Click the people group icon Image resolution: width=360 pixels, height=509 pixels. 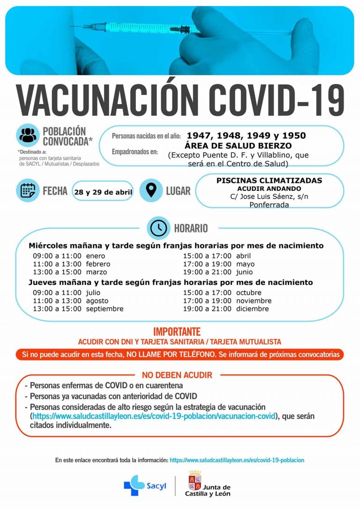click(29, 135)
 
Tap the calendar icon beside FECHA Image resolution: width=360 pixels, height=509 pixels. click(28, 190)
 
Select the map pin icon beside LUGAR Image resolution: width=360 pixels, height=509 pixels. click(151, 190)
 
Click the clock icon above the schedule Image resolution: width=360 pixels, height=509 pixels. click(159, 228)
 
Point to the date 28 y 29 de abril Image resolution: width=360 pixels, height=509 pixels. click(103, 192)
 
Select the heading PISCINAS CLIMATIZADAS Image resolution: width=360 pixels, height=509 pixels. click(269, 180)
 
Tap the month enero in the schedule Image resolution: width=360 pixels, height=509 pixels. click(96, 256)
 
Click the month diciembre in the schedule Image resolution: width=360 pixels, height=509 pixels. click(252, 309)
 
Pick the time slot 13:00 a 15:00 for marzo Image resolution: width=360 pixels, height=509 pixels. click(57, 272)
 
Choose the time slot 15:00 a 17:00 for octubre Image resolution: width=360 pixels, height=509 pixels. click(207, 292)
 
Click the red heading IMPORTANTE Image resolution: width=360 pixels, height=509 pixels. click(177, 332)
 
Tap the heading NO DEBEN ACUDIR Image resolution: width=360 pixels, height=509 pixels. click(177, 375)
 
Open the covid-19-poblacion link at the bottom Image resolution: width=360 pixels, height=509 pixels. click(237, 460)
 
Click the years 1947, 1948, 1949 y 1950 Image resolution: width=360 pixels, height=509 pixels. click(246, 136)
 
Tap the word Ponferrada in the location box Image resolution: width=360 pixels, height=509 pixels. click(269, 205)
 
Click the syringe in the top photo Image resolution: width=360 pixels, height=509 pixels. click(141, 27)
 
